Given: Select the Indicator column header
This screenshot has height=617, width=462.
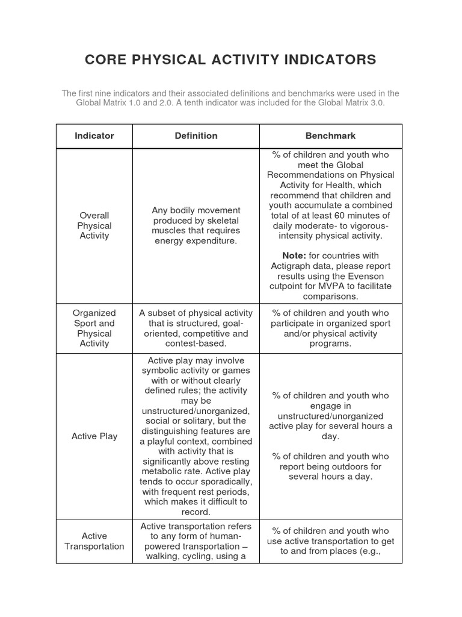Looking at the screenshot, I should (94, 136).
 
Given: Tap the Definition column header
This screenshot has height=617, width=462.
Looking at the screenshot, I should (196, 136).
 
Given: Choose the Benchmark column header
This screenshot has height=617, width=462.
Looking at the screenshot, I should (331, 136).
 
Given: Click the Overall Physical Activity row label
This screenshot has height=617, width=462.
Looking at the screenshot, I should (94, 225).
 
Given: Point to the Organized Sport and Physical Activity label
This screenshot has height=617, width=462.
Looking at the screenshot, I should (94, 328).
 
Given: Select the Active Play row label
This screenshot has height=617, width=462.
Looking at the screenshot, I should (94, 436).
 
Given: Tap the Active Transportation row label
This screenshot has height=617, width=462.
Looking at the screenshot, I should (94, 541).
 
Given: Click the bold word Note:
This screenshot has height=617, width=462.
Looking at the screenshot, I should (294, 255).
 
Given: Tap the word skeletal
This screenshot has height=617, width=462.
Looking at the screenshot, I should (218, 221).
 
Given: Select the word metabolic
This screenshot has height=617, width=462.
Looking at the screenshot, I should (166, 471).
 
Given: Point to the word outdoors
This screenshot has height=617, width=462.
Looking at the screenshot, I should (350, 466).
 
